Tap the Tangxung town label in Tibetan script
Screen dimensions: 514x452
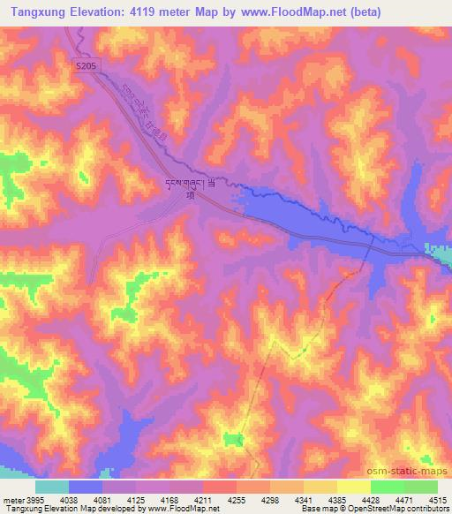click(188, 184)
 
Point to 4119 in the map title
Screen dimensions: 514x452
click(153, 11)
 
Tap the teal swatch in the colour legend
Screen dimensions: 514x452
click(51, 487)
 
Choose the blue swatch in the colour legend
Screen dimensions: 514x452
click(86, 487)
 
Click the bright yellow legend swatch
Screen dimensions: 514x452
click(353, 487)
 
